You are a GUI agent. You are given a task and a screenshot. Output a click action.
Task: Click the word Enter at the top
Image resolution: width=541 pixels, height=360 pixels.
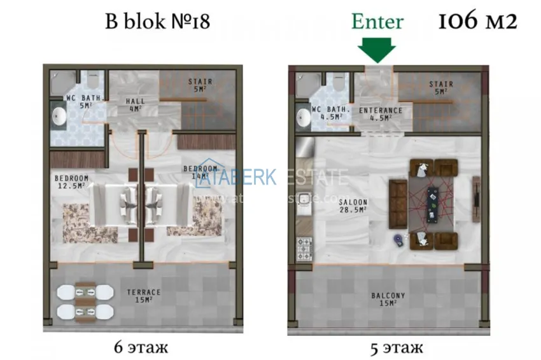click(377, 22)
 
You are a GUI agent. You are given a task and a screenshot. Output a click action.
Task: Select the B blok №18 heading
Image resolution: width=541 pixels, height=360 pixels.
click(157, 22)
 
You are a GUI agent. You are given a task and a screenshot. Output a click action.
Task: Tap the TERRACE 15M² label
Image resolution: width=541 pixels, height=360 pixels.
click(143, 296)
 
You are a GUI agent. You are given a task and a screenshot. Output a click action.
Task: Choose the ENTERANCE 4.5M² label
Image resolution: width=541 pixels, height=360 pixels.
click(381, 113)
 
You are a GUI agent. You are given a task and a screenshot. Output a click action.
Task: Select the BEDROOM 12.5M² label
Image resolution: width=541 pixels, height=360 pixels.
click(71, 181)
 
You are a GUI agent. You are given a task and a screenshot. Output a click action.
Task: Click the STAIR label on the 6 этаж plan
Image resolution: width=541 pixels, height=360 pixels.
click(200, 85)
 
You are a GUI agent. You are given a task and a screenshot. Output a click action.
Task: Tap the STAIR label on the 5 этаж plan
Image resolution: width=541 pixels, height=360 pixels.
click(440, 88)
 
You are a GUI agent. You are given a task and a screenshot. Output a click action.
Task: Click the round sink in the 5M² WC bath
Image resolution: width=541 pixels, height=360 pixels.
click(60, 116)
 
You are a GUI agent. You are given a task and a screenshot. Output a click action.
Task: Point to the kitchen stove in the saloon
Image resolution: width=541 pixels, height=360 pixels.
click(304, 246)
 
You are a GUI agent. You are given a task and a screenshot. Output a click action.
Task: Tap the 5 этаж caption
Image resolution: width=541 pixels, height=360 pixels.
click(397, 348)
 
